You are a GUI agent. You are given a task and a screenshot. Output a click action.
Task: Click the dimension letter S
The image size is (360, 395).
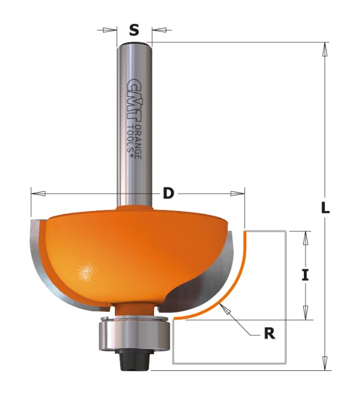[x=134, y=30]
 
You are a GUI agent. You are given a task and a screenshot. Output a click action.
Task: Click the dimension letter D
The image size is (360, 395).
[x=168, y=194]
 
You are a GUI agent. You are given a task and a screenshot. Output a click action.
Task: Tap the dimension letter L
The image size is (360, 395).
[x=325, y=208]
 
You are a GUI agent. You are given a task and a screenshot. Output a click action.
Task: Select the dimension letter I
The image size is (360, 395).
[x=305, y=275]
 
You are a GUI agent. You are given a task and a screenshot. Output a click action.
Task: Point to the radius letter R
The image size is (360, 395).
[x=269, y=334]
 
